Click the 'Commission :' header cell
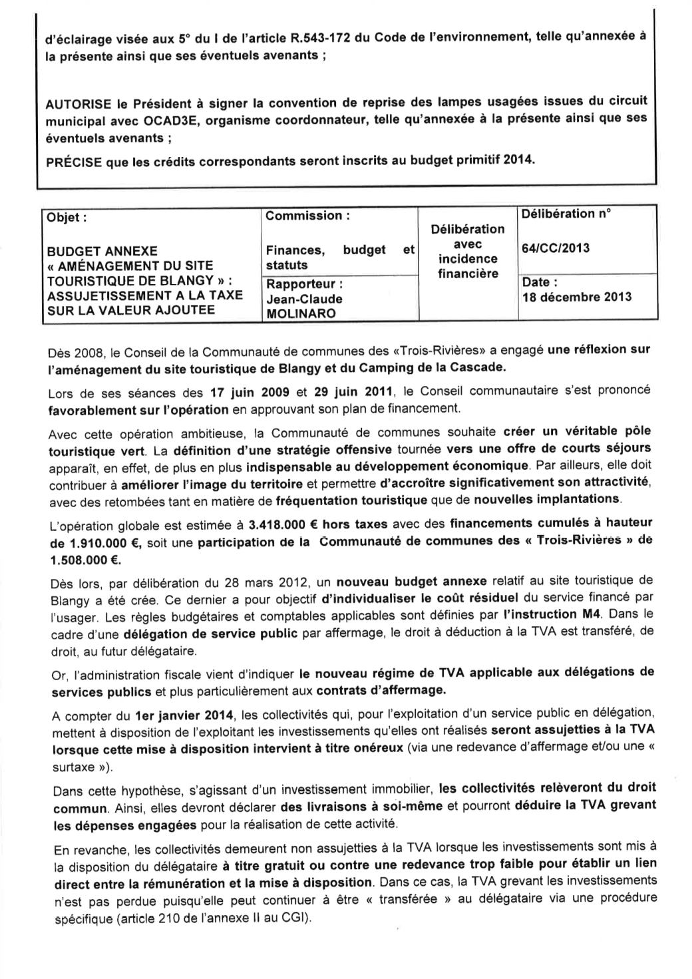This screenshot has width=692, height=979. click(x=307, y=216)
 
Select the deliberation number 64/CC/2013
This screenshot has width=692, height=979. click(x=555, y=248)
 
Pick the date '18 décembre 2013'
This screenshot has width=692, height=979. click(x=577, y=297)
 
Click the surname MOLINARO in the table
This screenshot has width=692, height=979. click(x=301, y=313)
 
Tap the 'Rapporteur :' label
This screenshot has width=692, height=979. click(x=304, y=284)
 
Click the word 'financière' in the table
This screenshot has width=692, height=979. click(x=468, y=274)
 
